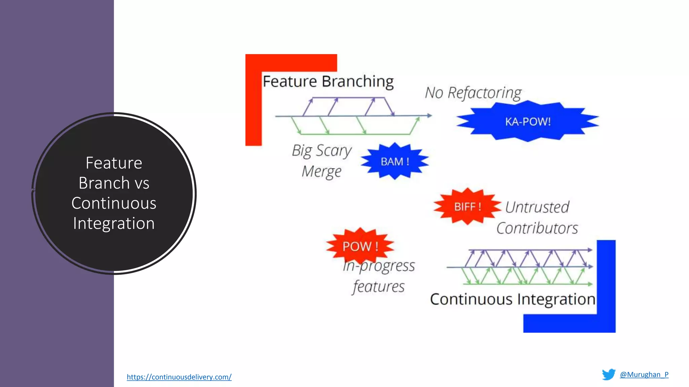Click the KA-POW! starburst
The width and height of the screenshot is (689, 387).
528,121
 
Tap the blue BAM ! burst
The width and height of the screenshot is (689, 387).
395,162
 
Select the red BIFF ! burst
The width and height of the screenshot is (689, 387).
467,207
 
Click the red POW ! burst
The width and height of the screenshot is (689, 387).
360,246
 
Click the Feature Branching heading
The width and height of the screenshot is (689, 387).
328,82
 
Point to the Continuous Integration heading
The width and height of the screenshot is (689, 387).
512,299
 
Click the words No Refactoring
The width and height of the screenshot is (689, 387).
473,93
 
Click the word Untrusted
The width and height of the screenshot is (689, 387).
537,207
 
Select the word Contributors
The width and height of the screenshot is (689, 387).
537,228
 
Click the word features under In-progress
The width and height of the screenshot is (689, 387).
378,287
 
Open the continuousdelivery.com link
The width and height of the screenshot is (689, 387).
179,377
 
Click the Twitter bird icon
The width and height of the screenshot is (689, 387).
609,374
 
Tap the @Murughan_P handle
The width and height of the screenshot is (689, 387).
644,375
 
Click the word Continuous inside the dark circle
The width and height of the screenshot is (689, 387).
114,203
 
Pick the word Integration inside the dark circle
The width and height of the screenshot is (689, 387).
114,223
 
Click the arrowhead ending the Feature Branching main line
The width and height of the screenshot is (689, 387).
430,116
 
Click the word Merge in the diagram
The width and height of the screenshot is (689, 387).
322,172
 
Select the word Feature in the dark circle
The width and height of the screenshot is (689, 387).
114,163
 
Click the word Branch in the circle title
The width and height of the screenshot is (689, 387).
104,183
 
